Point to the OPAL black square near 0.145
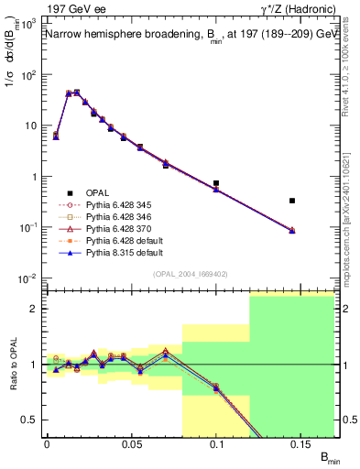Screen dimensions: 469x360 point(292,200)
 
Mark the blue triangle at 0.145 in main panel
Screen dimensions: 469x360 point(292,231)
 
